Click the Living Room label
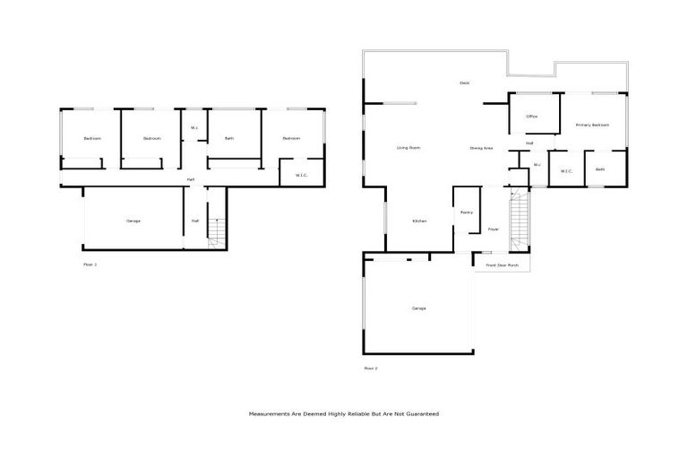[408, 147]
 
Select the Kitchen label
[418, 221]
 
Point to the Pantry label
[467, 212]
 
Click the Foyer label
[493, 229]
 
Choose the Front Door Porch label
[502, 265]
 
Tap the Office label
[531, 117]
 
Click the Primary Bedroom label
[592, 125]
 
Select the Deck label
[464, 83]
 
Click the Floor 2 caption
[371, 368]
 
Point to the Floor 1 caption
[90, 264]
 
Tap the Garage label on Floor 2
[418, 308]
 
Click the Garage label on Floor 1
[133, 221]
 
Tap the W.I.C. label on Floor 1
[302, 175]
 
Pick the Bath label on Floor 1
[229, 138]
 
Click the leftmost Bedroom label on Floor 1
[91, 138]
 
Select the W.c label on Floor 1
[194, 128]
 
